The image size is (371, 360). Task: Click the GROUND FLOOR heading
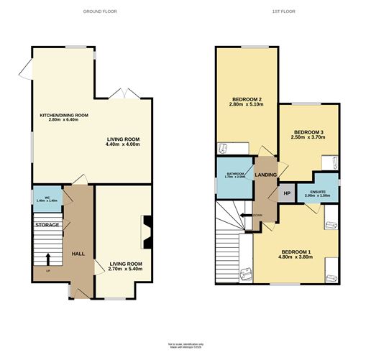click(99, 11)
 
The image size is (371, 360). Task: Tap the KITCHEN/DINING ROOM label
click(63, 115)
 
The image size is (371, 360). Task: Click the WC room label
click(46, 198)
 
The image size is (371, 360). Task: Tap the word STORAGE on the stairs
click(47, 225)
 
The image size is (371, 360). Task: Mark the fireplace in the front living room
click(147, 232)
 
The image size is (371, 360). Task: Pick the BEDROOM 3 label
click(309, 133)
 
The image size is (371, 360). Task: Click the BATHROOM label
click(235, 174)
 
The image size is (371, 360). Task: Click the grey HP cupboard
click(286, 193)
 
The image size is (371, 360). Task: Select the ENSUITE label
click(317, 192)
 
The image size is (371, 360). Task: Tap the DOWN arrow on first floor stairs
click(249, 215)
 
